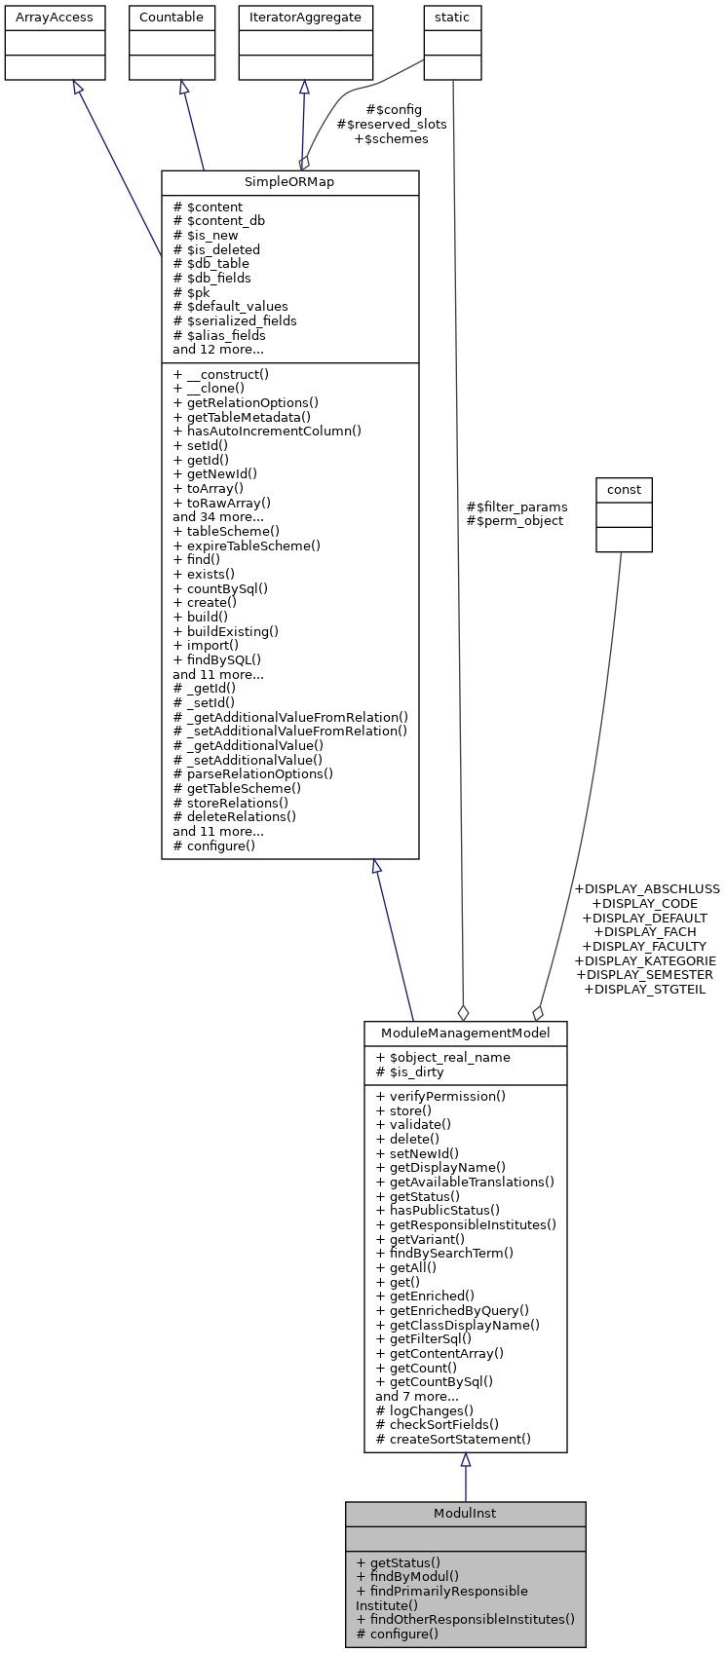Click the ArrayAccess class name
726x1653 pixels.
pyautogui.click(x=55, y=18)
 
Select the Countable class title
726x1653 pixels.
pyautogui.click(x=172, y=18)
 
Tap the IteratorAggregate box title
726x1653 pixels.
pyautogui.click(x=305, y=18)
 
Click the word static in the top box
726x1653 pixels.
pyautogui.click(x=452, y=18)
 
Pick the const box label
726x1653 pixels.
pyautogui.click(x=624, y=489)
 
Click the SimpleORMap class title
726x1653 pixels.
pyautogui.click(x=289, y=183)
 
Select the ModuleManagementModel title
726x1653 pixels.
pyautogui.click(x=465, y=1033)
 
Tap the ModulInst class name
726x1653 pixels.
pyautogui.click(x=465, y=1513)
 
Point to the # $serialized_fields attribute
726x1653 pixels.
pyautogui.click(x=235, y=320)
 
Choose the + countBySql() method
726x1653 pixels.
pyautogui.click(x=220, y=588)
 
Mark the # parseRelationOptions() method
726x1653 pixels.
pyautogui.click(x=252, y=774)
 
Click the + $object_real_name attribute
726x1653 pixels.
pyautogui.click(x=442, y=1057)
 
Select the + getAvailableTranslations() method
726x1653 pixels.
pyautogui.click(x=465, y=1182)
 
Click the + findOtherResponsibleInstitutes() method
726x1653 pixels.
pyautogui.click(x=465, y=1619)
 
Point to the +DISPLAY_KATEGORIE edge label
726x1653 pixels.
pyautogui.click(x=645, y=960)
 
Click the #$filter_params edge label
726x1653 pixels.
pyautogui.click(x=516, y=507)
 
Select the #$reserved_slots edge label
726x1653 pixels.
pyautogui.click(x=392, y=125)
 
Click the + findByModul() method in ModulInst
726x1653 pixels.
pyautogui.click(x=407, y=1576)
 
